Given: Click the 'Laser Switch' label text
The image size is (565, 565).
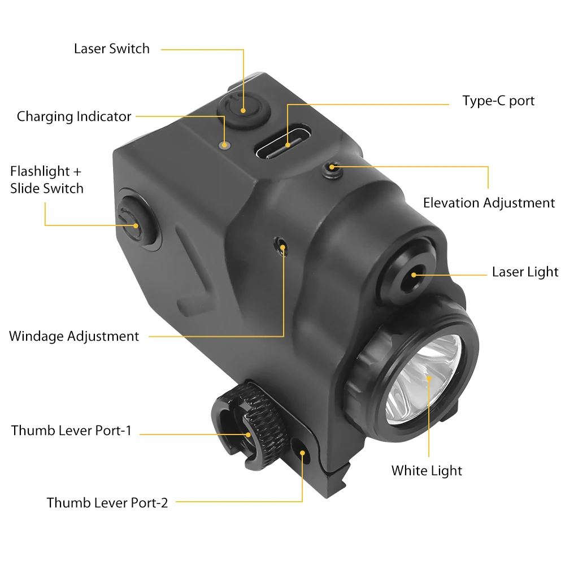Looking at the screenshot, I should pos(112,49).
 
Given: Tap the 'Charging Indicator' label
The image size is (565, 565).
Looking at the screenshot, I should pos(74,116).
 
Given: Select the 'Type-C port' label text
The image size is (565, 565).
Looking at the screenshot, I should pos(498,101).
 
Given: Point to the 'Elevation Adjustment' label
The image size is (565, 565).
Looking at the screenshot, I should pos(489,203).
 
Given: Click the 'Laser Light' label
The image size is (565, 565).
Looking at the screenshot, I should pos(525,272).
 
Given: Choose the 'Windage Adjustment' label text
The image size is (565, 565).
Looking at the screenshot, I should pos(74,336).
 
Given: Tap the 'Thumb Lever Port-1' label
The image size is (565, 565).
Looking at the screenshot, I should pos(71,431).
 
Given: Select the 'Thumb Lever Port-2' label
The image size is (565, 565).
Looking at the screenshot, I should pos(107,502).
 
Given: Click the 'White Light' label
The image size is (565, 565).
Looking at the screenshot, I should pos(427,471).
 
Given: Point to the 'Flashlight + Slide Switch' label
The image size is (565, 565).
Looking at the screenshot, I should pos(47,180).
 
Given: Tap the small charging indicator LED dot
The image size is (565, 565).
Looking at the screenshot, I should pos(225,146).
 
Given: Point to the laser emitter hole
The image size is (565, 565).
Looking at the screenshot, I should pos(414,275).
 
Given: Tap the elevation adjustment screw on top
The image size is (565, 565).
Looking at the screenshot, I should pos(332,168).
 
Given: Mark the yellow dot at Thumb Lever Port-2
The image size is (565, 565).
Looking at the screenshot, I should pos(303,453).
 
